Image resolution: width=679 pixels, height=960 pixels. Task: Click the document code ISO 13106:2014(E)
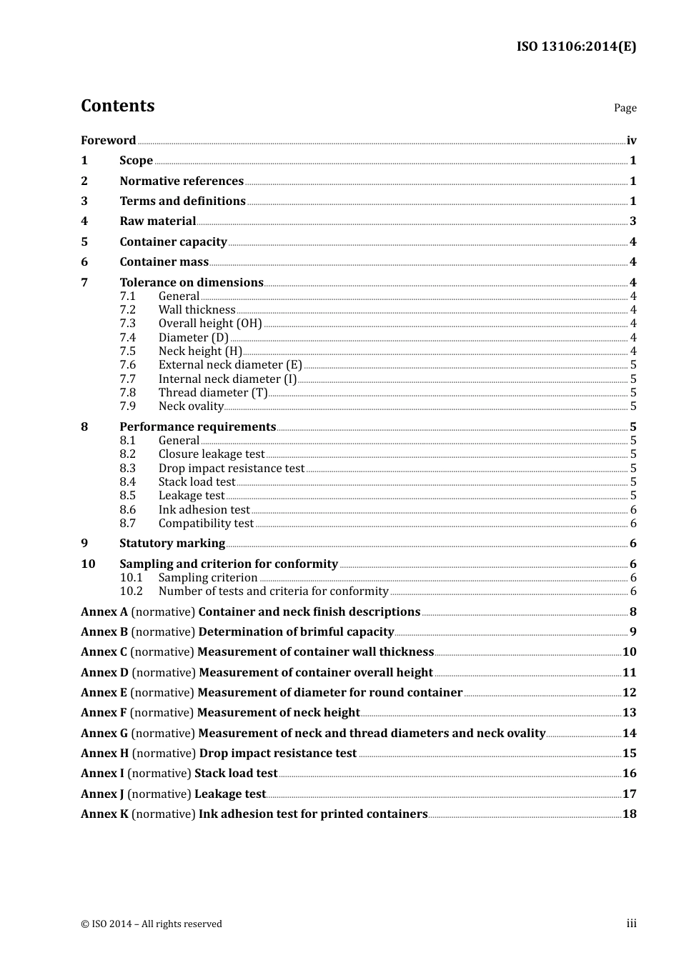point(576,46)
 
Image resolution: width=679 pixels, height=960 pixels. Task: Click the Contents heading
point(117,106)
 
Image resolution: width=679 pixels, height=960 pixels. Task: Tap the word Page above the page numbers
point(625,108)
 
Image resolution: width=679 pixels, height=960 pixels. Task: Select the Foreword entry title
point(108,140)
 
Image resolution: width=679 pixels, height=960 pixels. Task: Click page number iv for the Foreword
point(631,141)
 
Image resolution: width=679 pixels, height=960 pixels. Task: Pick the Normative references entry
point(182,181)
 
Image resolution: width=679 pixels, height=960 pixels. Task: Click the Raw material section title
point(157,221)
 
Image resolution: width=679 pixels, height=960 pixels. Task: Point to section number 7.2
point(127,310)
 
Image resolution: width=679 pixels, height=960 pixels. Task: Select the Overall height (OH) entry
point(210,324)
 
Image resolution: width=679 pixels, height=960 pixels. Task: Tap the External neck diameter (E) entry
point(230,365)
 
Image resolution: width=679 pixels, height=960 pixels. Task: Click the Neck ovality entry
point(191,406)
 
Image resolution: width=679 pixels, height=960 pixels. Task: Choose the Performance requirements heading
point(197,427)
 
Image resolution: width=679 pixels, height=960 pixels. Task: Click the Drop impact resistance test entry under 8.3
point(232,469)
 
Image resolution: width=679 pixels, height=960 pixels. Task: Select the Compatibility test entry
point(206,524)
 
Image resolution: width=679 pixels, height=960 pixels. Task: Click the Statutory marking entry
point(172,544)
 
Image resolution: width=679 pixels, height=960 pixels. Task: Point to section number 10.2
point(131,591)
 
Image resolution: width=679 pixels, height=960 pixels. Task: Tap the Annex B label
point(104,632)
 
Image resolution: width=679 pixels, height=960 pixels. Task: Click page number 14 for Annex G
point(629,734)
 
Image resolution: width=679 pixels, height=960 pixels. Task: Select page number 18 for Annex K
point(629,814)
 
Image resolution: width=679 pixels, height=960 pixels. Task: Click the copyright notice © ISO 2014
point(151,924)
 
